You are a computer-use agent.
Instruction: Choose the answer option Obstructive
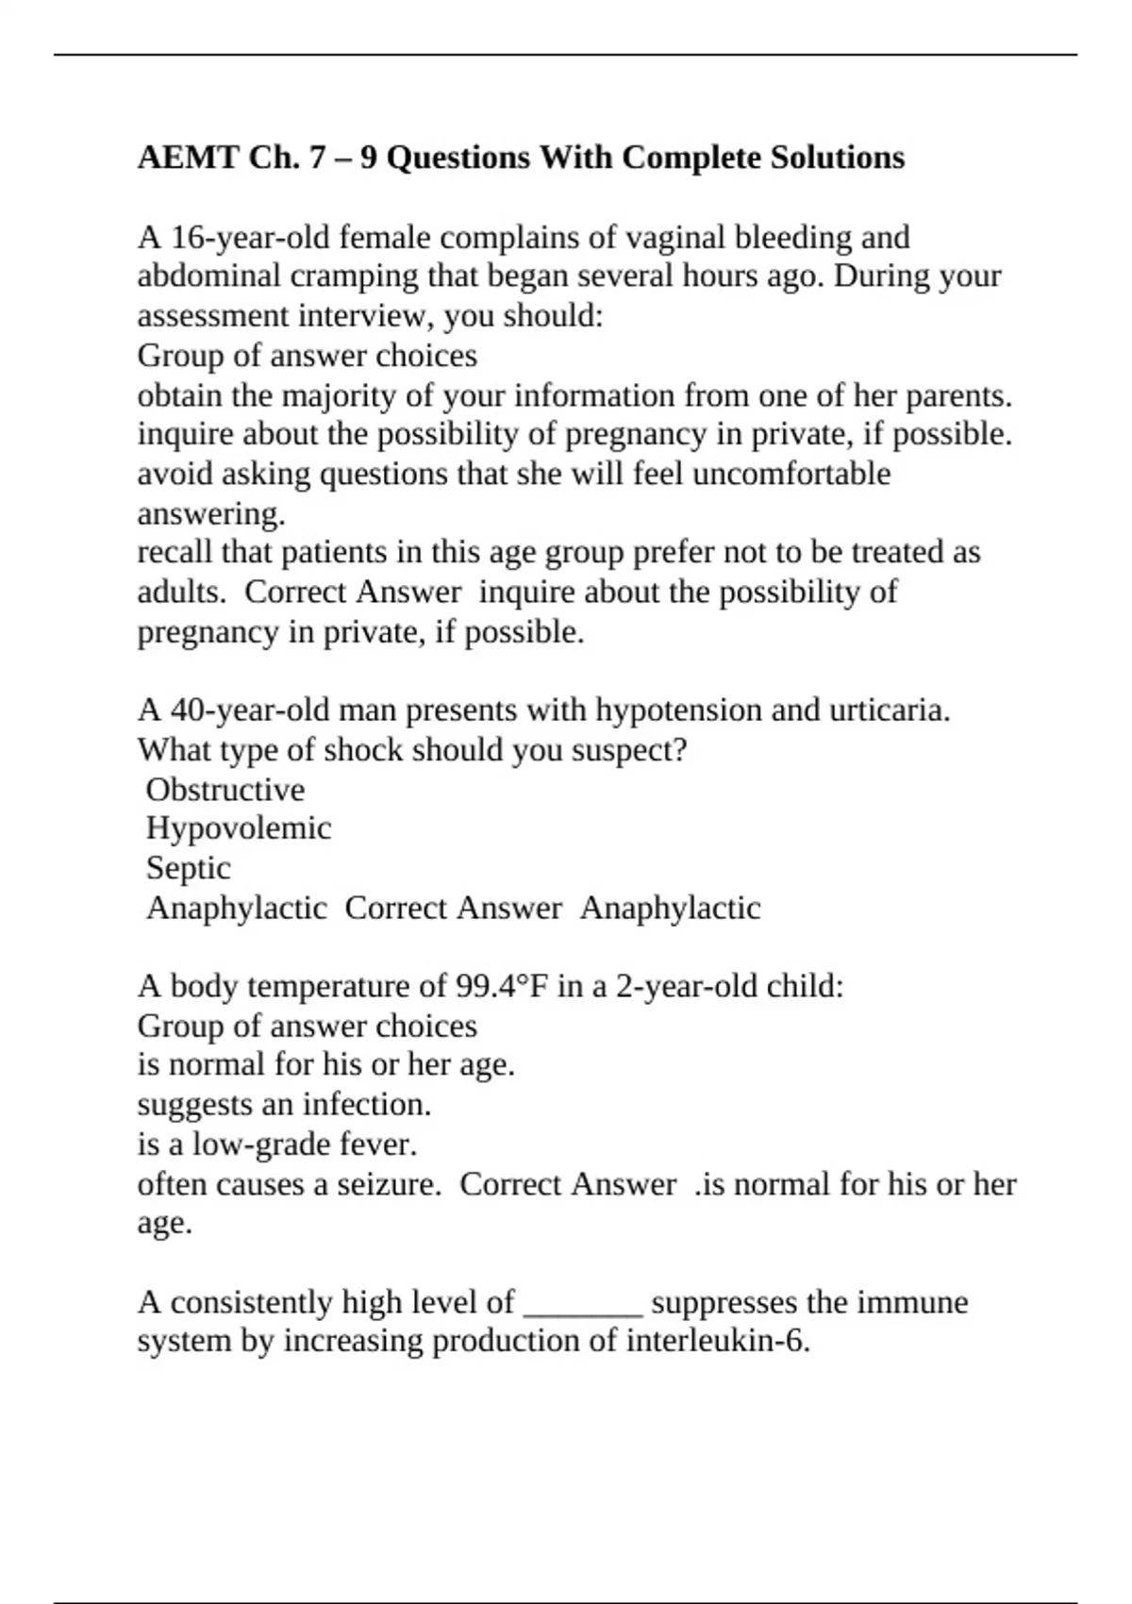tap(225, 789)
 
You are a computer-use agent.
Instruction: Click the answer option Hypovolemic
tap(239, 828)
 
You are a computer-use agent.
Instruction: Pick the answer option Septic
tap(188, 868)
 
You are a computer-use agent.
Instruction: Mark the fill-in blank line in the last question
tap(583, 1307)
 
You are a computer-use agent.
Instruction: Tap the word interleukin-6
tap(718, 1341)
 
